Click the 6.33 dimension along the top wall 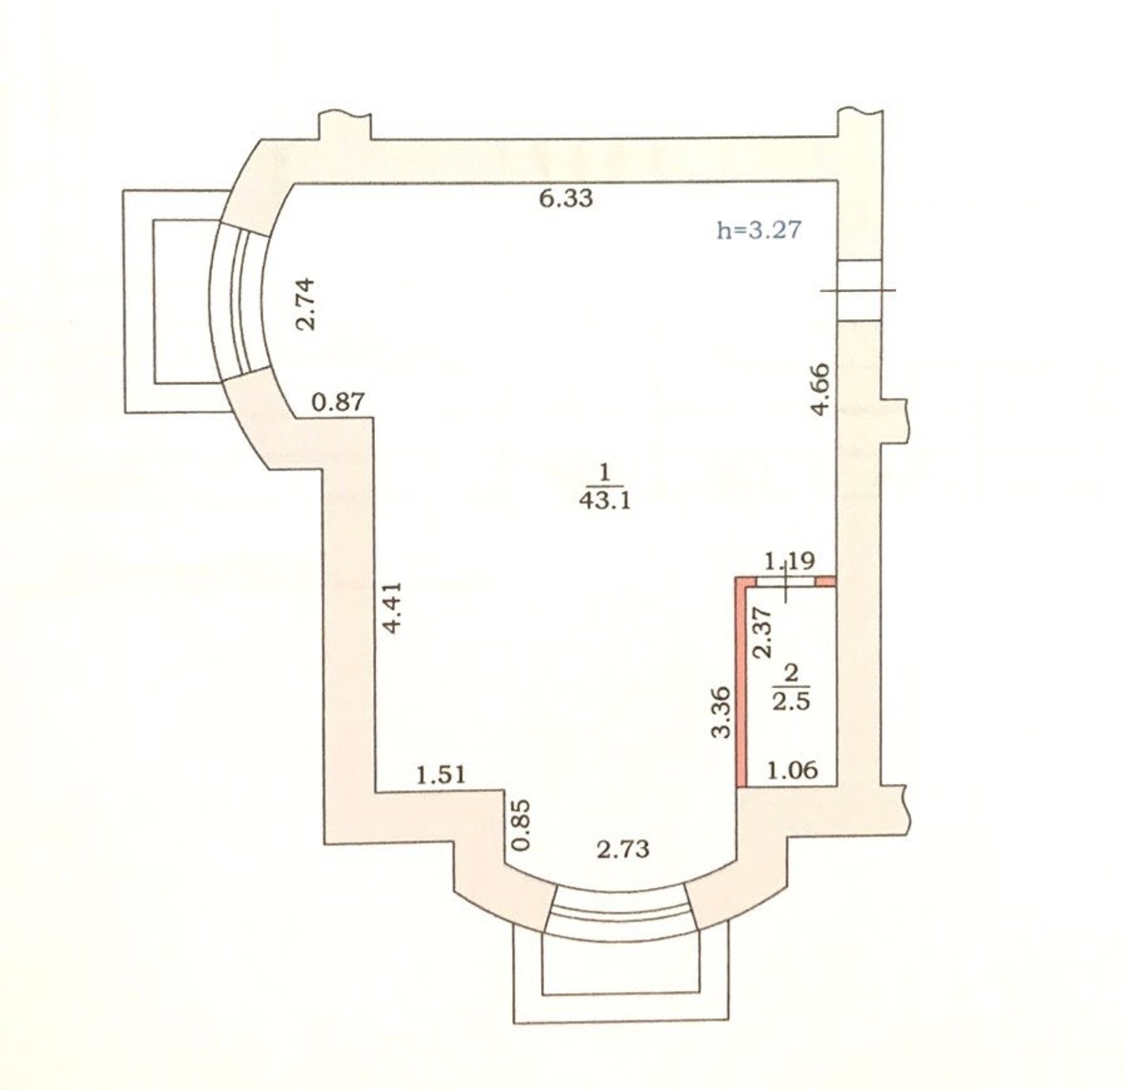coord(566,199)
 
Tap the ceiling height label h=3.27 coord(759,230)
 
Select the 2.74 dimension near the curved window coord(306,304)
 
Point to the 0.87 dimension coord(339,402)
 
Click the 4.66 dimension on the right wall coord(821,388)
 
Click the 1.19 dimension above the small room coord(789,561)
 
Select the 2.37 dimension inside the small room coord(762,632)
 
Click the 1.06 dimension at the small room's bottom coord(792,770)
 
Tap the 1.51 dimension coord(441,775)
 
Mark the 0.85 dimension coord(520,825)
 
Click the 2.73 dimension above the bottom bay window coord(623,850)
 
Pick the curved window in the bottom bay coord(620,913)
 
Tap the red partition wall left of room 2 coord(740,681)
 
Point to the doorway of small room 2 coord(786,582)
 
